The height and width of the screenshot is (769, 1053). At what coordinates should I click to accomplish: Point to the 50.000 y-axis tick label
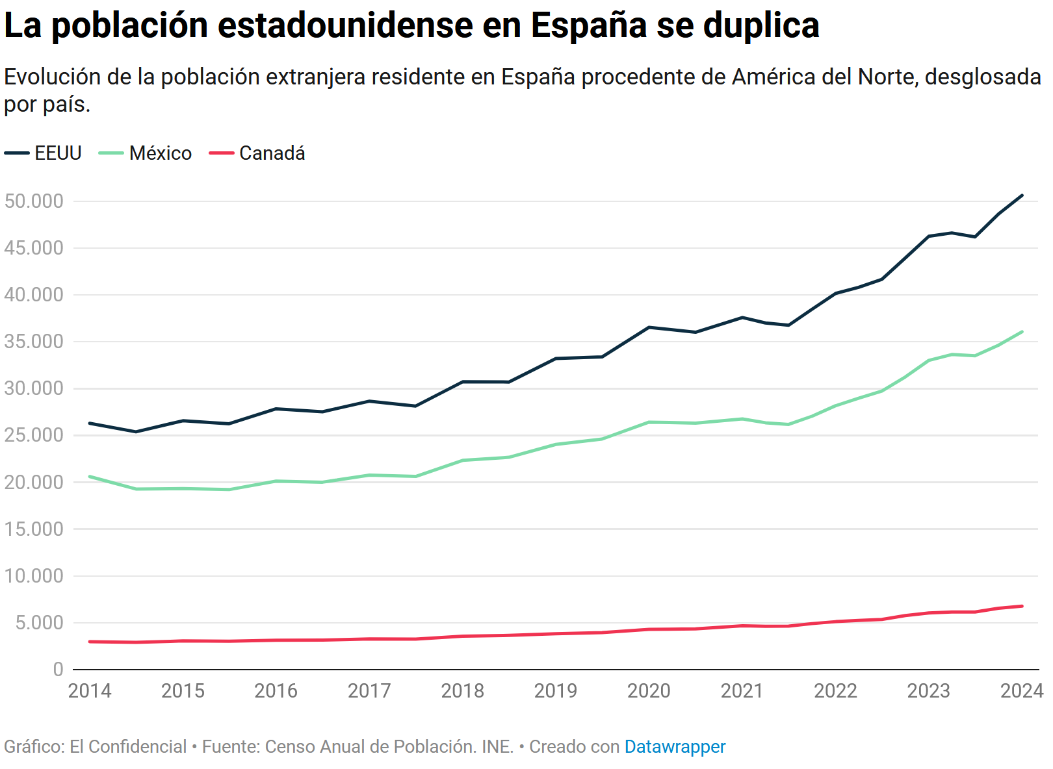coord(34,201)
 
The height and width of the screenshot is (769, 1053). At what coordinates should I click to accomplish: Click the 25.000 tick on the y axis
coord(34,435)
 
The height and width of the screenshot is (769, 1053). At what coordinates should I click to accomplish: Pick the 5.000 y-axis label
coord(40,623)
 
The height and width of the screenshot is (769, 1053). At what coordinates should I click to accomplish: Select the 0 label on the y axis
coord(58,670)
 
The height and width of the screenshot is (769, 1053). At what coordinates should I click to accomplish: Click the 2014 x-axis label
coord(90,691)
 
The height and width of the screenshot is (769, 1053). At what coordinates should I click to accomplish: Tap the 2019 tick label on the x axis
coord(556,691)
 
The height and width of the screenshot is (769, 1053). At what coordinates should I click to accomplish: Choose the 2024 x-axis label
coord(1022,691)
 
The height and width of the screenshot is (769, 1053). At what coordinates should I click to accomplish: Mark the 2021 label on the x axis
coord(742,691)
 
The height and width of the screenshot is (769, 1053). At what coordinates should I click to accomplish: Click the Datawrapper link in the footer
coord(675,747)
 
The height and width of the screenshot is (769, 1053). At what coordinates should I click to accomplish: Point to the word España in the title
coord(589,26)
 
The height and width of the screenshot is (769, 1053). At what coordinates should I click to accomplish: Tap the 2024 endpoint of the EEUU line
coord(1022,195)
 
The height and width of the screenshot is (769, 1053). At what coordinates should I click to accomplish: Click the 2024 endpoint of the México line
coord(1022,332)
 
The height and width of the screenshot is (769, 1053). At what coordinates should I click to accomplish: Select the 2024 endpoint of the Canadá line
coord(1022,607)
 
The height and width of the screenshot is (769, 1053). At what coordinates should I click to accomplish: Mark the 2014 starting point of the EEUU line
coord(90,423)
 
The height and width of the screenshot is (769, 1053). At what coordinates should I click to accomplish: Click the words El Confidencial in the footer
coord(128,747)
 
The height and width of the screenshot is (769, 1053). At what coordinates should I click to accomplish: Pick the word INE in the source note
coord(497,747)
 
